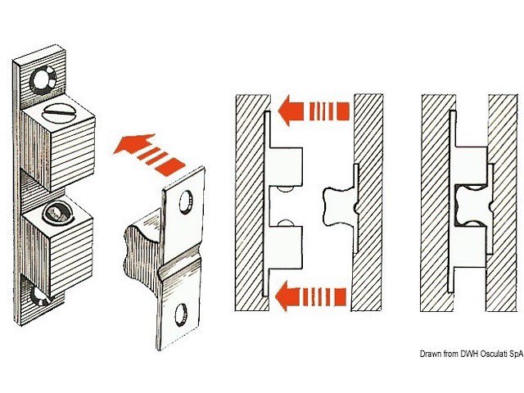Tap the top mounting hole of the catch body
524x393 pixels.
coord(43,80)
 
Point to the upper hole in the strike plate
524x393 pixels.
coord(186,202)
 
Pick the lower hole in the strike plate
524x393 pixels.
coord(181,315)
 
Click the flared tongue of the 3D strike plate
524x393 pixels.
coord(142,254)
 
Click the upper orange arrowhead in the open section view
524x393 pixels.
coord(290,111)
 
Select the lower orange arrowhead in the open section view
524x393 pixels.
coord(287,296)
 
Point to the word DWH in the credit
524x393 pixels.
coord(469,354)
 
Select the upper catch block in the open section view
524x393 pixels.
coord(286,167)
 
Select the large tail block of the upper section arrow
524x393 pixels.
coord(343,111)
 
